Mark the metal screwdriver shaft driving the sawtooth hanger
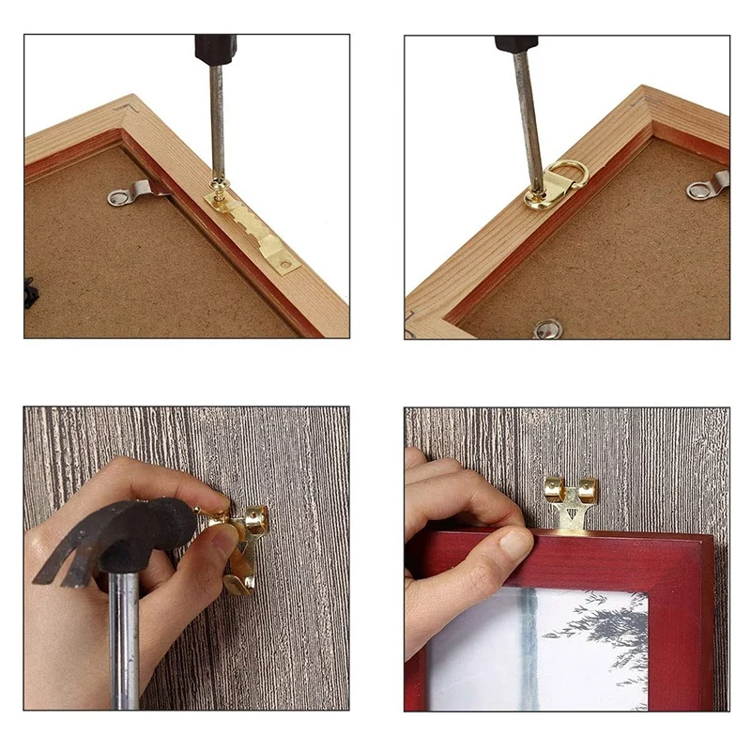click(217, 122)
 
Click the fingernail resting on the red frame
click(515, 544)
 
